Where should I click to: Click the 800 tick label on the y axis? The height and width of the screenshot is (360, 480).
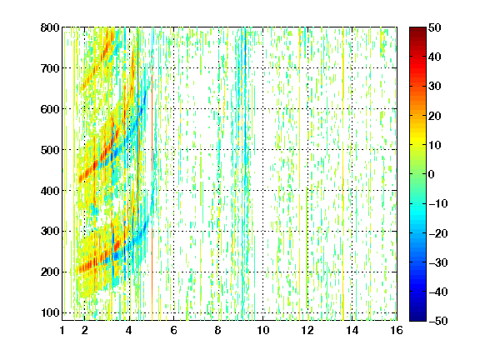click(50, 27)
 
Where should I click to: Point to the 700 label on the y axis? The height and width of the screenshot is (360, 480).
click(50, 68)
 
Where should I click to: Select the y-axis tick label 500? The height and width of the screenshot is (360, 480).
click(50, 150)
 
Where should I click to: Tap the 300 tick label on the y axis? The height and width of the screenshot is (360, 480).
click(50, 231)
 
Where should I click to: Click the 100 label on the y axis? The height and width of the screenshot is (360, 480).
click(50, 312)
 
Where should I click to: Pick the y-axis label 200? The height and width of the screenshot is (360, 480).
click(50, 272)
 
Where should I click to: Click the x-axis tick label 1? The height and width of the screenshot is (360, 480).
click(62, 330)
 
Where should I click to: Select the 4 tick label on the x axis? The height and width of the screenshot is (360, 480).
click(129, 330)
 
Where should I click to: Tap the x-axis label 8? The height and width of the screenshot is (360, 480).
click(218, 330)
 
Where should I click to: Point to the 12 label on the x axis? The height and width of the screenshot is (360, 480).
click(307, 330)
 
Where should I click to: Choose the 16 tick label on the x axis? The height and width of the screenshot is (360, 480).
click(397, 330)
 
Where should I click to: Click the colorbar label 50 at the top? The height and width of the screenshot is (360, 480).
click(435, 27)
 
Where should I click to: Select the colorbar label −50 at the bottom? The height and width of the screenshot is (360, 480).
click(438, 321)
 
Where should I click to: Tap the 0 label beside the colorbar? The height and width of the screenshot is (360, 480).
click(432, 174)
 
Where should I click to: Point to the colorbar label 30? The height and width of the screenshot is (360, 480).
click(435, 86)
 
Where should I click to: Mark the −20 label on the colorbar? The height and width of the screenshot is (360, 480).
click(438, 233)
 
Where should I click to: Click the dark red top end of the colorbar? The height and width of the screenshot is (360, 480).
click(417, 29)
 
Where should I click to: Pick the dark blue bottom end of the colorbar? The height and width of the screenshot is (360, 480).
click(417, 319)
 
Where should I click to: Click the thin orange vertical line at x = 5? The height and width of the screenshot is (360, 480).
click(152, 190)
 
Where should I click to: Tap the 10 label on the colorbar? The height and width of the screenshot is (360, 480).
click(435, 145)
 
